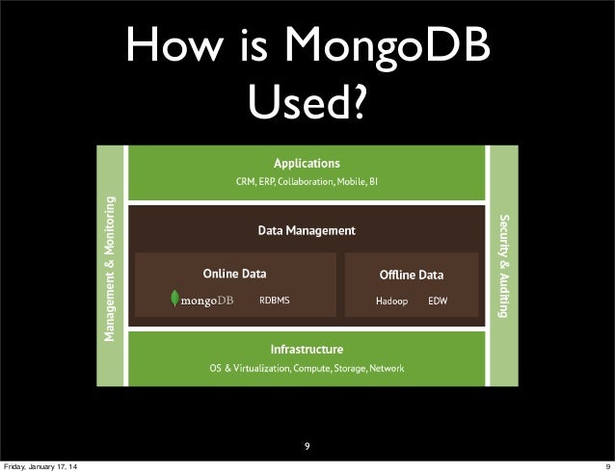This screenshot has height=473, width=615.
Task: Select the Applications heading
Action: (x=307, y=163)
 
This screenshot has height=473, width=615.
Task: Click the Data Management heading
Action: (x=307, y=230)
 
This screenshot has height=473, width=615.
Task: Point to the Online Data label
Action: (x=234, y=274)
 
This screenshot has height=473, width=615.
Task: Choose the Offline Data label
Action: (x=412, y=275)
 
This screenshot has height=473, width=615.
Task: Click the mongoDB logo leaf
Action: (x=174, y=301)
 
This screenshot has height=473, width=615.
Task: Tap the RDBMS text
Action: (x=274, y=301)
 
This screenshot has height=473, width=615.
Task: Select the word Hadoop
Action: (x=391, y=301)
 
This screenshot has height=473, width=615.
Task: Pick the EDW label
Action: (x=438, y=301)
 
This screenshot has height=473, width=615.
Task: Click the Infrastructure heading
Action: (x=307, y=348)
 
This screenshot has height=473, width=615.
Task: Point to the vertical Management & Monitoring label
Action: (x=112, y=268)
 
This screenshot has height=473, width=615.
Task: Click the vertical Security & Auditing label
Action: (x=502, y=268)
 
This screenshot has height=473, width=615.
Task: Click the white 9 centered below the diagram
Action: (x=307, y=446)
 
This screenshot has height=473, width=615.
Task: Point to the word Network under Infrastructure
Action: (x=387, y=368)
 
